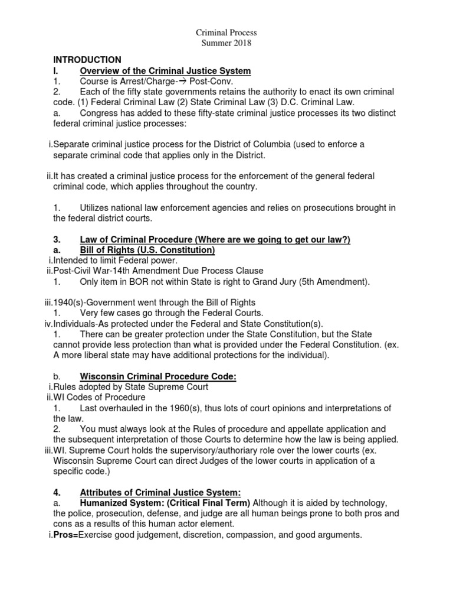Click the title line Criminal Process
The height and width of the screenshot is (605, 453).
point(226,32)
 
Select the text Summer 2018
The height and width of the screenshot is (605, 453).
point(226,44)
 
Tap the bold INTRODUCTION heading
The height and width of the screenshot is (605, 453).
point(87,60)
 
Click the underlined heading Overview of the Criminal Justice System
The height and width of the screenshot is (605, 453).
point(165,71)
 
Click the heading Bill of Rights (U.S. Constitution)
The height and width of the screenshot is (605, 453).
point(147,250)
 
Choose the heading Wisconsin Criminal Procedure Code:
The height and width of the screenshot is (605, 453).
point(158,376)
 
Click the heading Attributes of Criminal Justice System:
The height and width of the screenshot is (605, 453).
point(160,492)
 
